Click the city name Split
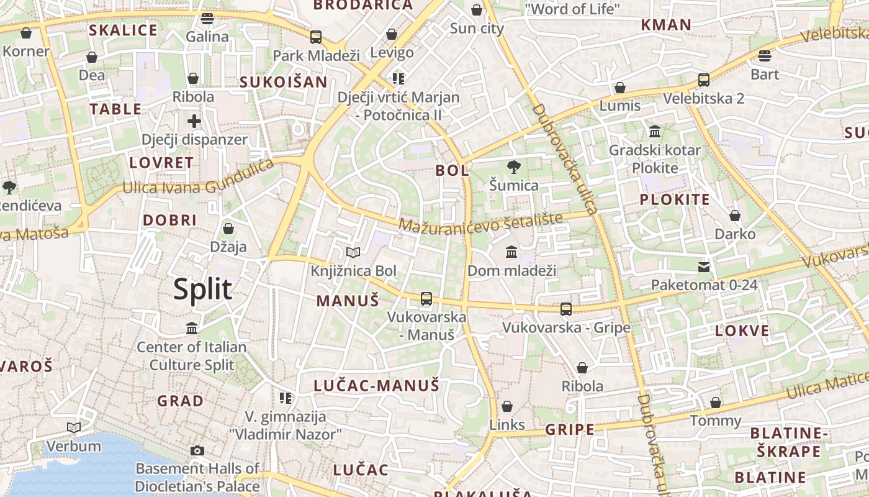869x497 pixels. coord(202,290)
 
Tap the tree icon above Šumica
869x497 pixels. coord(513,166)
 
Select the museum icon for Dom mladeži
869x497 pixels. coord(511,252)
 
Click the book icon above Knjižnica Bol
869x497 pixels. coord(353,252)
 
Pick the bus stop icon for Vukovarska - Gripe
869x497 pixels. coord(565,309)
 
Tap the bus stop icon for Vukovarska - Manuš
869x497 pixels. coord(426,298)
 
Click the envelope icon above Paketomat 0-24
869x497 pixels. coord(703,267)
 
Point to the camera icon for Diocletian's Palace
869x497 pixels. coord(197,450)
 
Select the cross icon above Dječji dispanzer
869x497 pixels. coord(194,121)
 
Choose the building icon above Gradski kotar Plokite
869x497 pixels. coord(654,131)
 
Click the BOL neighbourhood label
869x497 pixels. coord(452,170)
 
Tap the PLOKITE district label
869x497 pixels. coord(674,199)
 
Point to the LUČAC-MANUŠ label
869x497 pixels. coord(376,385)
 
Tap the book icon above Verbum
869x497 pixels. coord(74,427)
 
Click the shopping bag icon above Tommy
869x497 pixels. coord(716,403)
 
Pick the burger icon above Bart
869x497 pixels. coord(764,55)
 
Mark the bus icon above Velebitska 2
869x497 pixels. coord(703,80)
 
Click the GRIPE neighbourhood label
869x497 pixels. coord(569,429)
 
